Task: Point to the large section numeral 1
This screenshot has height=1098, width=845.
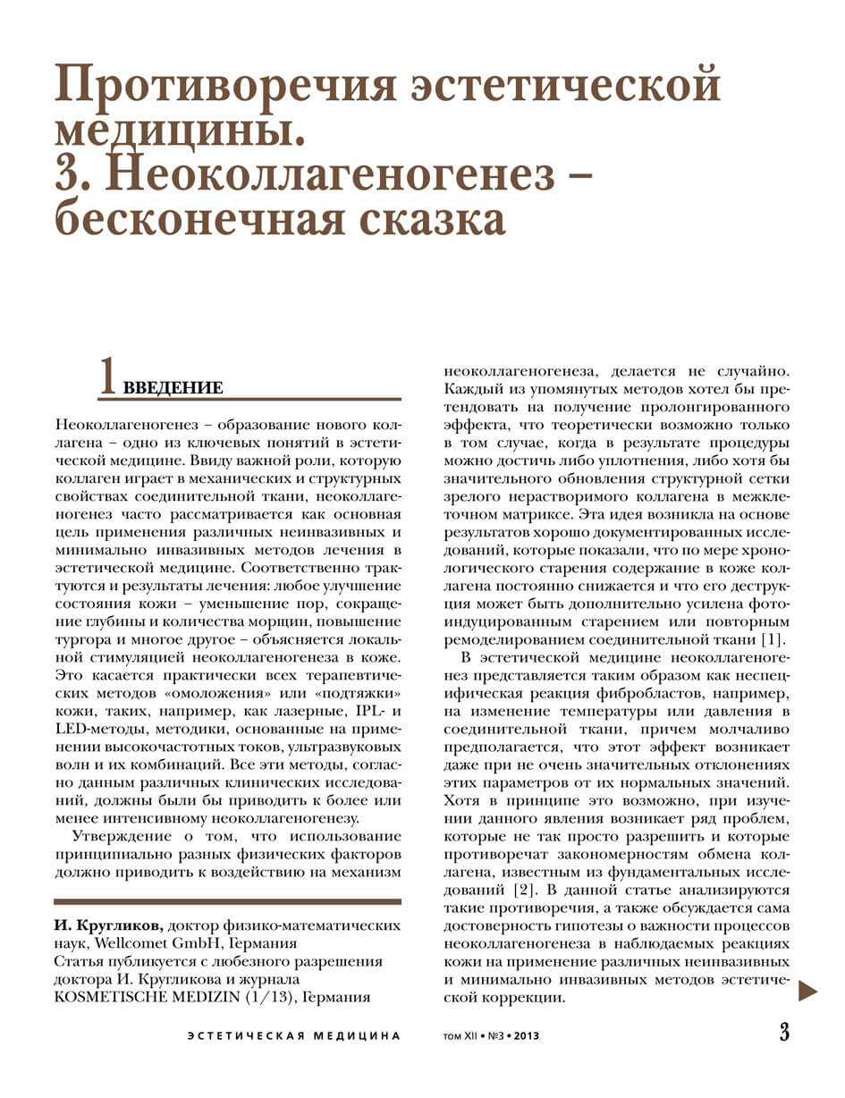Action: pos(107,376)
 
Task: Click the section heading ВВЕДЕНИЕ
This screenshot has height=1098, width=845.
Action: pos(173,388)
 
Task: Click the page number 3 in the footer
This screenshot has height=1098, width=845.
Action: pos(784,1032)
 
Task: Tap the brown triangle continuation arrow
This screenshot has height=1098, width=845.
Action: pos(807,990)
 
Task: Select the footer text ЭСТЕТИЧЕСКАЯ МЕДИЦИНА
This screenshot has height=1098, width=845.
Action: pos(293,1036)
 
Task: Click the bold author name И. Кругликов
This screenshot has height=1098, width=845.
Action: pos(108,925)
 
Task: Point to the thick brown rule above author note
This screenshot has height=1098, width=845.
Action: pos(227,901)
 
